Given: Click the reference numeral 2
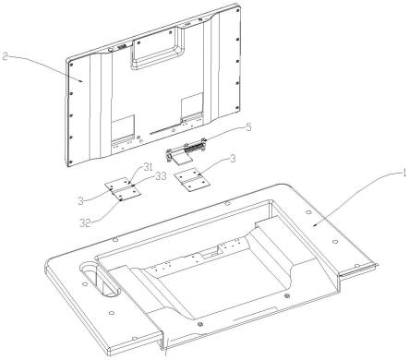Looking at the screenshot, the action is (5, 57).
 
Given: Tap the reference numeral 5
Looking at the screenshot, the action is (248, 127).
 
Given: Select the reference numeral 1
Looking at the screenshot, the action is (402, 174).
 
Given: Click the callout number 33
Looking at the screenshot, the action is (160, 176).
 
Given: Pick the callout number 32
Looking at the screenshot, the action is (86, 222).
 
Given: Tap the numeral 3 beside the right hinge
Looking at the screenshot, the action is (233, 159).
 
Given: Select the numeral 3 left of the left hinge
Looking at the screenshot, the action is (81, 201).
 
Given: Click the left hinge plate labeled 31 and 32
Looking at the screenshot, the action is (123, 189).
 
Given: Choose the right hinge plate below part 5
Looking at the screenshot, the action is (192, 179).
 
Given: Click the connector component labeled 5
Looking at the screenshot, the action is (185, 150).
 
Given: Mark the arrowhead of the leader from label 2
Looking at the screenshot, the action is (81, 81).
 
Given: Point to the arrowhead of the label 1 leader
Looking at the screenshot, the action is (312, 226).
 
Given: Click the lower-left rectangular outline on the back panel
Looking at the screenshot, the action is (123, 128).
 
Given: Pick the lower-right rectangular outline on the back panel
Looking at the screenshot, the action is (192, 106).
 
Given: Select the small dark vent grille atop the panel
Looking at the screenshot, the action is (122, 48).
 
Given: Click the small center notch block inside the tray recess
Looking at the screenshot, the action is (209, 255).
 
